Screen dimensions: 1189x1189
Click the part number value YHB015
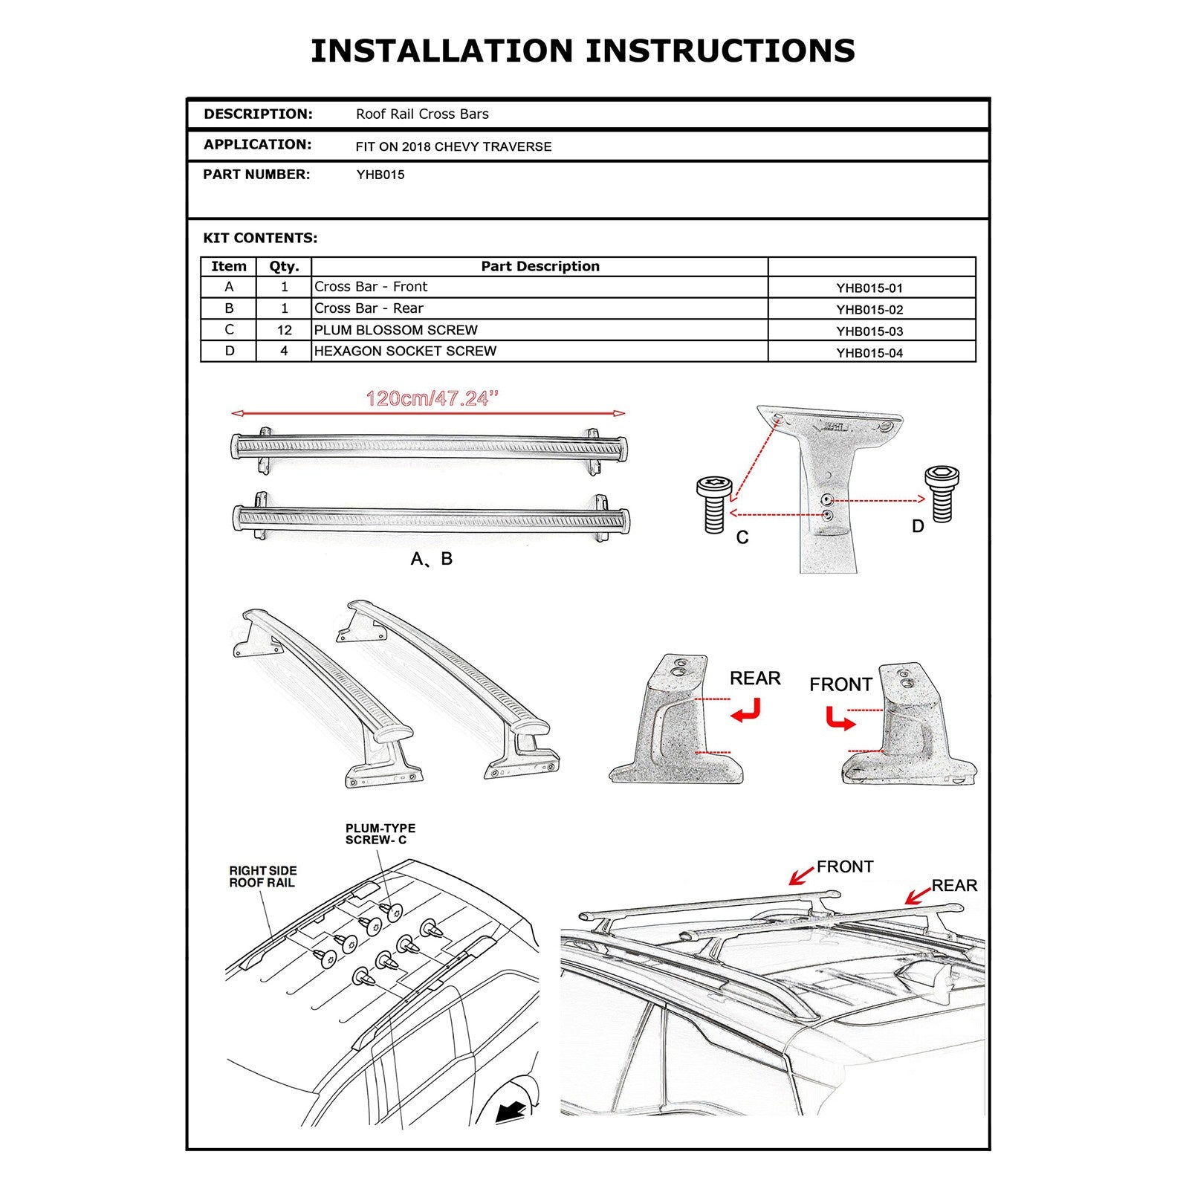(380, 175)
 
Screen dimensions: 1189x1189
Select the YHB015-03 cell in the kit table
(869, 331)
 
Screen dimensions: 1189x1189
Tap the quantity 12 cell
(284, 330)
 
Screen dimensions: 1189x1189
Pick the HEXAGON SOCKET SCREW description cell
(405, 351)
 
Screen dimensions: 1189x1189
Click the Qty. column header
(284, 267)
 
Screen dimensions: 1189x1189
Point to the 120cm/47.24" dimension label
(431, 399)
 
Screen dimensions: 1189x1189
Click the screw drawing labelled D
(942, 493)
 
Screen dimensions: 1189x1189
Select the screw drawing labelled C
(714, 505)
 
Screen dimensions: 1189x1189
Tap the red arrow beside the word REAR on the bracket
(746, 711)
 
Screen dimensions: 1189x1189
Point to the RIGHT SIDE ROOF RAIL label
(262, 877)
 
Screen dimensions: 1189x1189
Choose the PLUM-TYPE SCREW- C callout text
(380, 834)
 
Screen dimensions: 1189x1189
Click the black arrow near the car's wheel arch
(510, 1112)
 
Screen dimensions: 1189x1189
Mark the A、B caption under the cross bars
(431, 559)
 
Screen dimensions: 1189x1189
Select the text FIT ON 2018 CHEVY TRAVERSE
(453, 147)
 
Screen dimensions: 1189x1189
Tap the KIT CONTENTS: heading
(260, 239)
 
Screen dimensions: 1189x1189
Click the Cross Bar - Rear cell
(369, 308)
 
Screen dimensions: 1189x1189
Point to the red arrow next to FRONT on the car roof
(801, 876)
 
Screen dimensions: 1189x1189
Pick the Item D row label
(229, 351)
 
